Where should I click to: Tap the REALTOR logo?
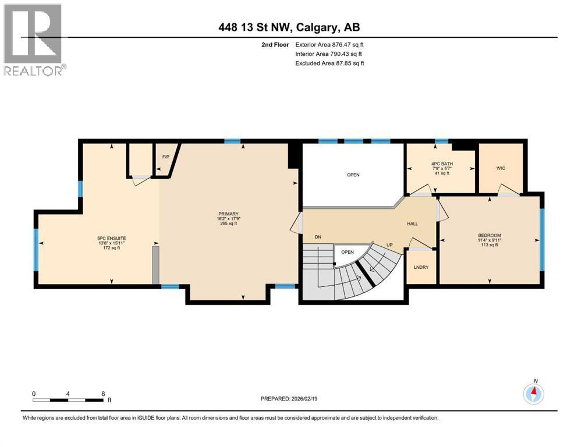click(34, 39)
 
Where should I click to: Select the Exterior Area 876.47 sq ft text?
click(329, 44)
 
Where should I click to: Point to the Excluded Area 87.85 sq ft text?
click(329, 63)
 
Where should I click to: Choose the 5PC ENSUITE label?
click(111, 237)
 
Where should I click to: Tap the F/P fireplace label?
click(165, 157)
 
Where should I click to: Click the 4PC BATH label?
click(440, 164)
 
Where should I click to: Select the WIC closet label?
click(501, 168)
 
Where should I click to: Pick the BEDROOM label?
click(489, 236)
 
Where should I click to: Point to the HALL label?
click(412, 224)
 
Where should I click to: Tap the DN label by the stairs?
click(318, 237)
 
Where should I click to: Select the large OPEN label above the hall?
click(353, 175)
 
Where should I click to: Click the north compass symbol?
click(533, 393)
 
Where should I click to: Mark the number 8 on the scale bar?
click(103, 393)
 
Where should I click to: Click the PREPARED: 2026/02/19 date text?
click(289, 399)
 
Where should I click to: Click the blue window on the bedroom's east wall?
click(542, 238)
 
